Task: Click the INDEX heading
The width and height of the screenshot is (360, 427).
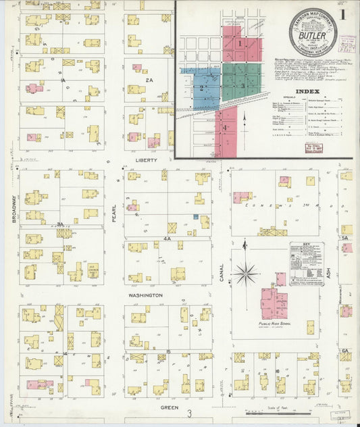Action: [x=308, y=91]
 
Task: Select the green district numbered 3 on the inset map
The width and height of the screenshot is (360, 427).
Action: [x=242, y=86]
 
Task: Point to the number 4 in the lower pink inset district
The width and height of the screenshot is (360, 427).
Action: [x=225, y=127]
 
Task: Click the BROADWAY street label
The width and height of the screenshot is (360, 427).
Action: [x=13, y=210]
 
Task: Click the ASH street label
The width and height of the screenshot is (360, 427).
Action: [x=330, y=273]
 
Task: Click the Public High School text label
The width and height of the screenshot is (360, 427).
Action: [x=275, y=324]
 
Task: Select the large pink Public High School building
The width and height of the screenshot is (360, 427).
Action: [x=274, y=303]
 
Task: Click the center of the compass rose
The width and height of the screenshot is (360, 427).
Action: [x=245, y=274]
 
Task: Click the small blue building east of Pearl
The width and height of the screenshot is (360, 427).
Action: [x=195, y=217]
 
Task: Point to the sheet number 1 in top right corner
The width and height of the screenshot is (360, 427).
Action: [x=344, y=14]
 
